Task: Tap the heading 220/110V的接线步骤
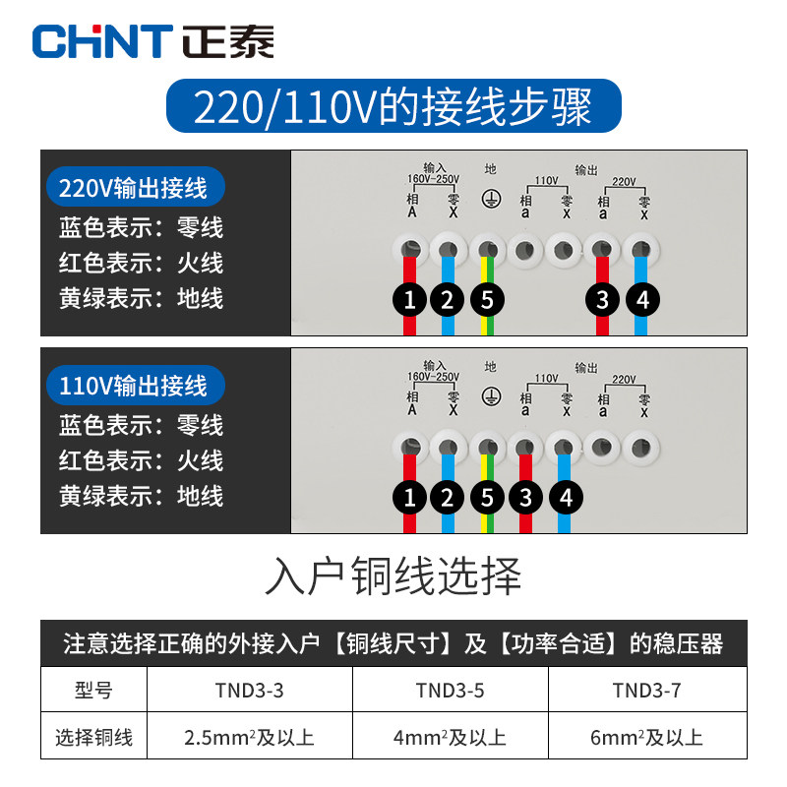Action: point(393,106)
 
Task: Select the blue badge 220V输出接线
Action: point(136,187)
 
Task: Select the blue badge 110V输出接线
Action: point(136,385)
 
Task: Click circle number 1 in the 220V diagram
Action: point(410,300)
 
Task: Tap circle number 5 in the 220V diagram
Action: point(486,300)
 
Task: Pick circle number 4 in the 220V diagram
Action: point(641,300)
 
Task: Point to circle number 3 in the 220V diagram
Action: point(602,300)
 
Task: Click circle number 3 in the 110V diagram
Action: point(525,498)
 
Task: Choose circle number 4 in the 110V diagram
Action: point(565,498)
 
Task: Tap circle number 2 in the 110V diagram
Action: point(448,498)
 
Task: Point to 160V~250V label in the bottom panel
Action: point(434,377)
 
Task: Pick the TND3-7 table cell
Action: point(646,691)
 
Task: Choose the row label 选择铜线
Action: point(93,737)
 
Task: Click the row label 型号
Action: point(93,691)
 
